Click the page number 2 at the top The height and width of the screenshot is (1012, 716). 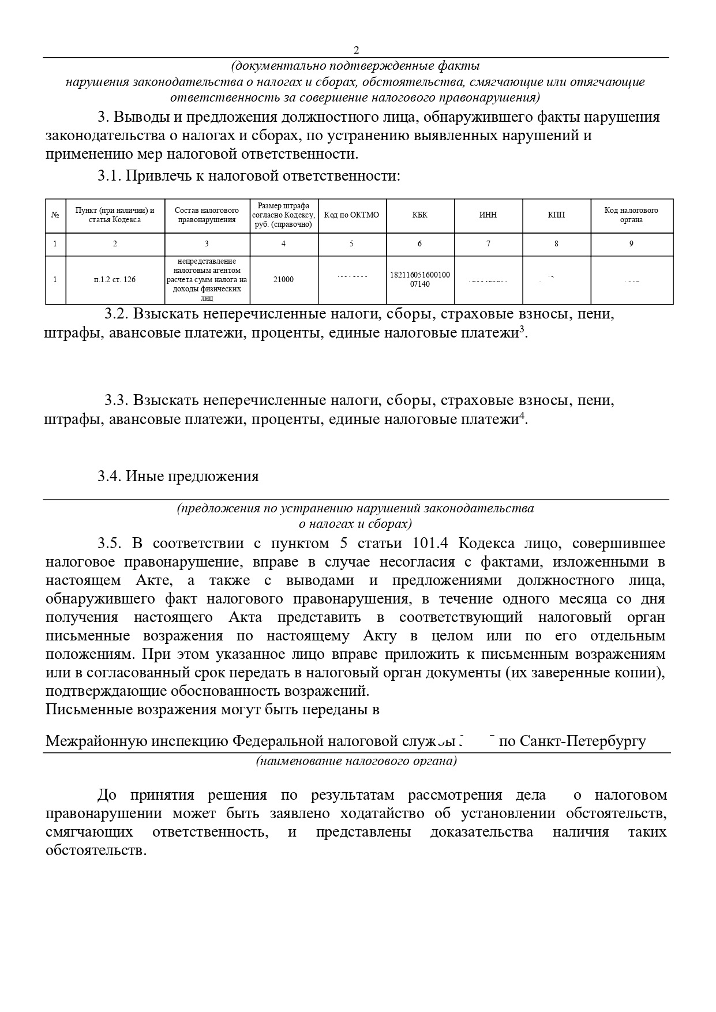click(x=356, y=50)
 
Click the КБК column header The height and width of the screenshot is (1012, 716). click(x=420, y=215)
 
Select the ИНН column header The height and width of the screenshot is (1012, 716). click(x=488, y=215)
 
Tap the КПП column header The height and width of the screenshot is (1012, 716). click(x=556, y=215)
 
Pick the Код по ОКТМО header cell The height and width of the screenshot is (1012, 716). click(x=352, y=215)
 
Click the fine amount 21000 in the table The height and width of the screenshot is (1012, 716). click(x=283, y=280)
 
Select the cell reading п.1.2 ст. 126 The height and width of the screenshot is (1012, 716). click(x=115, y=280)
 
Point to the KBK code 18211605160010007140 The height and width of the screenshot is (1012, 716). click(x=420, y=280)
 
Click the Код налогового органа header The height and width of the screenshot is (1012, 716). click(x=631, y=215)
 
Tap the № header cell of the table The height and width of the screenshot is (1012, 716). click(x=55, y=215)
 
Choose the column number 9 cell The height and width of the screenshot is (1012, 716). click(x=631, y=244)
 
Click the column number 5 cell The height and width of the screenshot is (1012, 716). click(x=352, y=244)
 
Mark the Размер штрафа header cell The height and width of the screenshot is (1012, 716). click(x=283, y=215)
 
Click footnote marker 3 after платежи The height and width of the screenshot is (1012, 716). click(x=522, y=329)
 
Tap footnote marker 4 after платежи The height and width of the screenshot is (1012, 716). click(x=522, y=415)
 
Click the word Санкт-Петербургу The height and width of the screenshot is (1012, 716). click(x=583, y=741)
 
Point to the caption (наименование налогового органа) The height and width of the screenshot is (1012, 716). click(x=357, y=761)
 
